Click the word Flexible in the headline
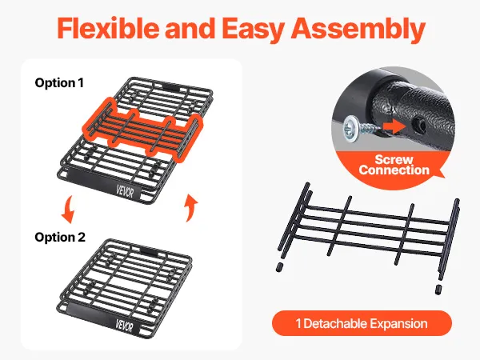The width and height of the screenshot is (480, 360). point(108,28)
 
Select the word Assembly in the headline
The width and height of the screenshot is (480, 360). point(358,30)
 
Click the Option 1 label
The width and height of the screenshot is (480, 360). point(59,82)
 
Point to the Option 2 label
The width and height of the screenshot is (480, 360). point(60,238)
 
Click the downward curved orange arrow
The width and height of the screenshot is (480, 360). point(68,210)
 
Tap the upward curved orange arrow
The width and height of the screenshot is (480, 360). point(191,207)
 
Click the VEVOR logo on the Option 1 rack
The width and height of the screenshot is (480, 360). point(125,192)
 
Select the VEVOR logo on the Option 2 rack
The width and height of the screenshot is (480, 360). point(125,326)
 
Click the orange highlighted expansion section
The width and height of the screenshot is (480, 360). point(142,130)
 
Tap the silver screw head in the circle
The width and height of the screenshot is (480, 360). point(350,129)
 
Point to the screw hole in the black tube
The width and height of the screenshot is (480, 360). point(417,125)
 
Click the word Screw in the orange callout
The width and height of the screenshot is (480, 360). point(394,159)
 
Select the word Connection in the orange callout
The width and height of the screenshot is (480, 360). point(394,170)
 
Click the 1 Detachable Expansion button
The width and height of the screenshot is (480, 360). point(362,323)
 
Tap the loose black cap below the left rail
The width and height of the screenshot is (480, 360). point(279,267)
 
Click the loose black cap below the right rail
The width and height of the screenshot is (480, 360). point(438,290)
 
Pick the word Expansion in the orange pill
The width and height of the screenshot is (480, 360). point(398,324)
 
